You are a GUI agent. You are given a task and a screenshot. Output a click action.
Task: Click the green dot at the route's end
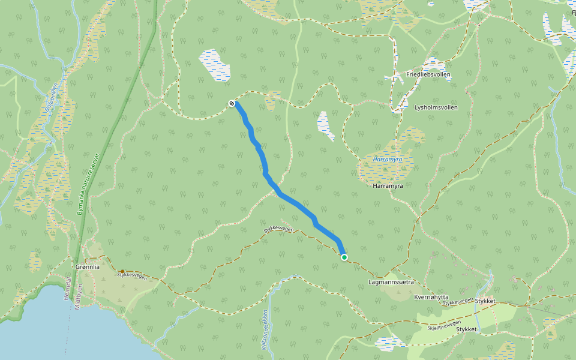[x=344, y=257]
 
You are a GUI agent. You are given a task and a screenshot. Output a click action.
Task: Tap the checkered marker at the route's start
[x=232, y=104]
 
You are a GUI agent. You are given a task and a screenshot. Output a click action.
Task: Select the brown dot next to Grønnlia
[x=122, y=272]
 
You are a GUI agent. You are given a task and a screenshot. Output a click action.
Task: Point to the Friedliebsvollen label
[x=428, y=75]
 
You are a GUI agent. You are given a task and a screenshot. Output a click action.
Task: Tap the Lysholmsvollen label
[x=436, y=107]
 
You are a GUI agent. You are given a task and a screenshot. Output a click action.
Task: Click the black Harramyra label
[x=387, y=186]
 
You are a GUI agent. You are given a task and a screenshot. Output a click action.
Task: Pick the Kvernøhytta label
[x=431, y=297]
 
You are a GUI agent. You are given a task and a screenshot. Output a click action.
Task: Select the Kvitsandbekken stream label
[x=265, y=329]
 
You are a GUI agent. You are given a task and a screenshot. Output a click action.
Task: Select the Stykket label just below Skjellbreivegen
[x=466, y=329]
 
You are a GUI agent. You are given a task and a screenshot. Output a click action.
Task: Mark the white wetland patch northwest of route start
[x=214, y=65]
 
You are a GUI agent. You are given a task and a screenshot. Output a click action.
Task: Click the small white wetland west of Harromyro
[x=326, y=125]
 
